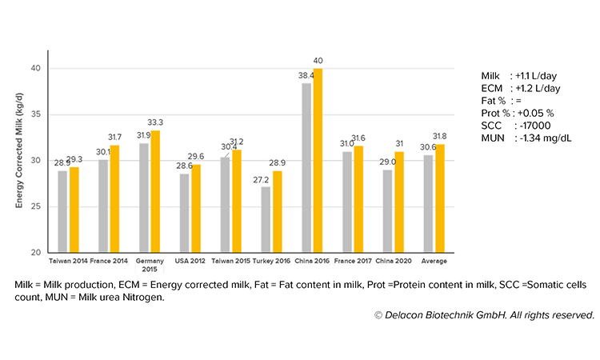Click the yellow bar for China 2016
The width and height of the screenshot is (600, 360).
(318, 160)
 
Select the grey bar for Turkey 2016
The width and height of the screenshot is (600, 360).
(266, 220)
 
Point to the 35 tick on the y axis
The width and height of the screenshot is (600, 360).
(36, 114)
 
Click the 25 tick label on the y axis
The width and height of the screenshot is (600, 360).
(36, 207)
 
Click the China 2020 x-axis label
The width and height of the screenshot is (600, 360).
(392, 261)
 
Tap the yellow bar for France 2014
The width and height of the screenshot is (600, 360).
(114, 199)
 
